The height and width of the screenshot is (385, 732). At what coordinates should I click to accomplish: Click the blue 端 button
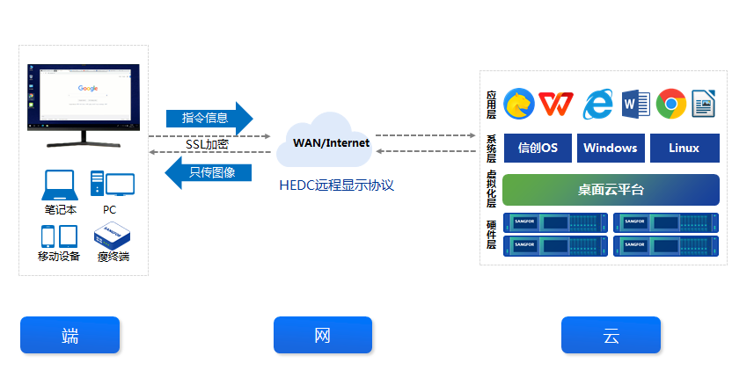[x=70, y=335]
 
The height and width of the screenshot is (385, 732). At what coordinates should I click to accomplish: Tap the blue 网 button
[x=322, y=335]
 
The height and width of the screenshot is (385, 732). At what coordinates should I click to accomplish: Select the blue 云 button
[x=611, y=335]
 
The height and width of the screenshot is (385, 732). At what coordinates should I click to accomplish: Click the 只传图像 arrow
[x=209, y=172]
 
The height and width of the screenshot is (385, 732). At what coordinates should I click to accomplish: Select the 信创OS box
[x=538, y=148]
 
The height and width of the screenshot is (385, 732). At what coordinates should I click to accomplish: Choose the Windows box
[x=610, y=148]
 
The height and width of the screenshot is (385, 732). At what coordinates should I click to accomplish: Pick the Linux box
[x=684, y=148]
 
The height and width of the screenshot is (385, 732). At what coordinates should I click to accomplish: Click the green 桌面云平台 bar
[x=611, y=190]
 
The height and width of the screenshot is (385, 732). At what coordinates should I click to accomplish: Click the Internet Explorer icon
[x=597, y=104]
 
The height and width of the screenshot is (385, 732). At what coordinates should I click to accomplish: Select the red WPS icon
[x=556, y=104]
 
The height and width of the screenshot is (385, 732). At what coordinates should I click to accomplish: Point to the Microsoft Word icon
[x=634, y=104]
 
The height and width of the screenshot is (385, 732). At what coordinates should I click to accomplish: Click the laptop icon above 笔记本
[x=61, y=185]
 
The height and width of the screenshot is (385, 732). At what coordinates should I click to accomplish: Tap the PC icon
[x=112, y=184]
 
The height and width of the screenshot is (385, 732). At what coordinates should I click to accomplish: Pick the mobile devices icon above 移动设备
[x=59, y=236]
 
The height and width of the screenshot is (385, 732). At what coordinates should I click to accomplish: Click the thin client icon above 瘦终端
[x=113, y=235]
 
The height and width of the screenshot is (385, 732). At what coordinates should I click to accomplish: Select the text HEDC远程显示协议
[x=335, y=185]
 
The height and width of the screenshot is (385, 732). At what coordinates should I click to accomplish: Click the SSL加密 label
[x=207, y=144]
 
